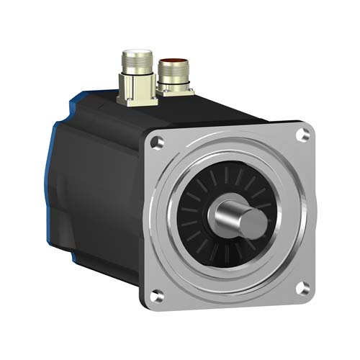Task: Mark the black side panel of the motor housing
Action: click(x=101, y=202)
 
